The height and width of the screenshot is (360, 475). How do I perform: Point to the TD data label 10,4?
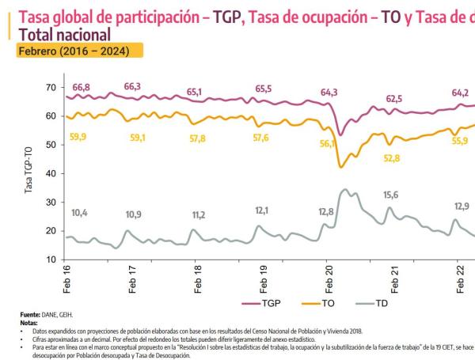[x=80, y=213]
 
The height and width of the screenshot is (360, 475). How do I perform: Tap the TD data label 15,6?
[x=391, y=195]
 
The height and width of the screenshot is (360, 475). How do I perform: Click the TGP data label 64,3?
[x=329, y=93]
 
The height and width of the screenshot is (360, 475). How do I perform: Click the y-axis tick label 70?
[x=51, y=87]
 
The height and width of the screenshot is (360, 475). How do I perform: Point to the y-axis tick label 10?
[x=51, y=260]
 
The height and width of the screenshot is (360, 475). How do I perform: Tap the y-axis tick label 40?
[x=51, y=173]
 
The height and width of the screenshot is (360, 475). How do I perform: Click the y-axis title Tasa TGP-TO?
[x=28, y=172]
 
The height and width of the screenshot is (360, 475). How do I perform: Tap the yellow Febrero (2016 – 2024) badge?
[x=77, y=51]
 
